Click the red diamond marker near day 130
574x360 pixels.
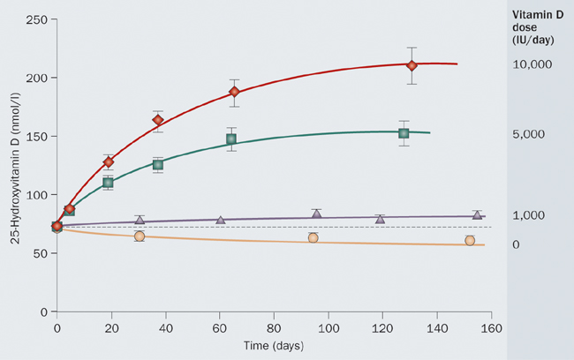pyautogui.click(x=412, y=65)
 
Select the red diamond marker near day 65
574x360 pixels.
pyautogui.click(x=235, y=92)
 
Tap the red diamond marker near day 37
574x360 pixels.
pyautogui.click(x=158, y=120)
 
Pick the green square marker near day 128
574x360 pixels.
pyautogui.click(x=404, y=133)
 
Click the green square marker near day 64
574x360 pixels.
pyautogui.click(x=231, y=139)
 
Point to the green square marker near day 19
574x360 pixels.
pyautogui.click(x=109, y=183)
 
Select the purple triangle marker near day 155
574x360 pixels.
pyautogui.click(x=477, y=214)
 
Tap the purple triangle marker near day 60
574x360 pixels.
pyautogui.click(x=221, y=219)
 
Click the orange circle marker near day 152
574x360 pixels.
pyautogui.click(x=470, y=240)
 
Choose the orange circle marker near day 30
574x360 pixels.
pyautogui.click(x=140, y=236)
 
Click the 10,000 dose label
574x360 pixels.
pyautogui.click(x=532, y=65)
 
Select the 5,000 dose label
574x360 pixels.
pyautogui.click(x=532, y=134)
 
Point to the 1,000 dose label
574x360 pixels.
pyautogui.click(x=532, y=215)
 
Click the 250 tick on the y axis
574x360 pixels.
pyautogui.click(x=38, y=19)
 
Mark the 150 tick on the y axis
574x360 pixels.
pyautogui.click(x=38, y=136)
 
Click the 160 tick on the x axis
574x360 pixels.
pyautogui.click(x=491, y=327)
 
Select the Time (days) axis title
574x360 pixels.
pyautogui.click(x=274, y=344)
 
